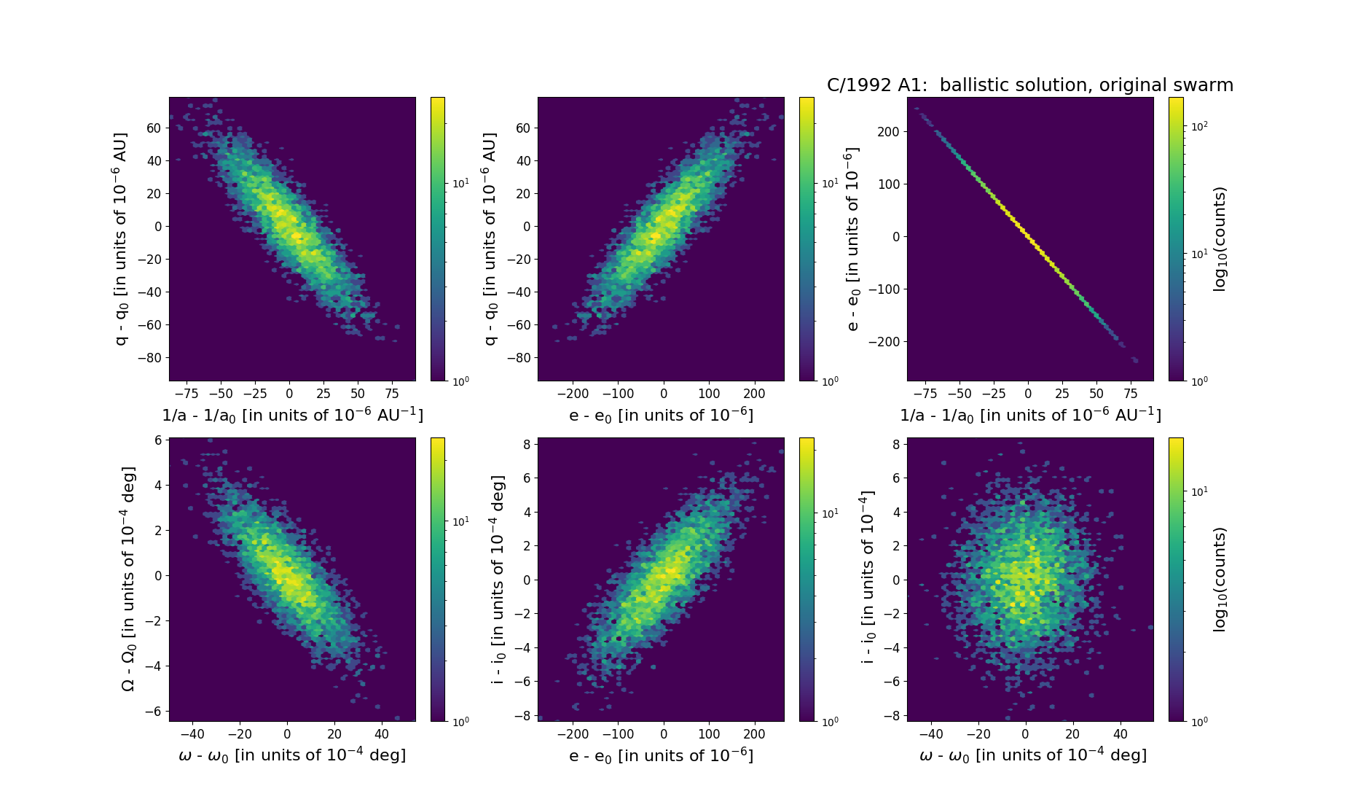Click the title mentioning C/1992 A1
point(1029,85)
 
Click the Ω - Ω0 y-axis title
point(127,580)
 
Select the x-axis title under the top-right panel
point(1030,415)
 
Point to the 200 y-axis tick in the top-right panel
point(889,132)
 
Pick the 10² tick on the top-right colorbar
point(1199,126)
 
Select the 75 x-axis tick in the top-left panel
point(392,394)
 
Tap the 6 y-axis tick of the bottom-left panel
point(157,440)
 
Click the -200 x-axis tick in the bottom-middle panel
point(572,734)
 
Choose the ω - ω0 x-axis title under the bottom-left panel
point(292,755)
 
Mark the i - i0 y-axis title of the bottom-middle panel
point(498,580)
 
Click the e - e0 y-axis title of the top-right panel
point(852,239)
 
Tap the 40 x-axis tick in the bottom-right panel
point(1121,734)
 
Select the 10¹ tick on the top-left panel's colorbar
point(460,183)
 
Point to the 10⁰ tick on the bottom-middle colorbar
point(829,721)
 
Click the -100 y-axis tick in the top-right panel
point(885,289)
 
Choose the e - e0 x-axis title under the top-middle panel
point(661,415)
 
